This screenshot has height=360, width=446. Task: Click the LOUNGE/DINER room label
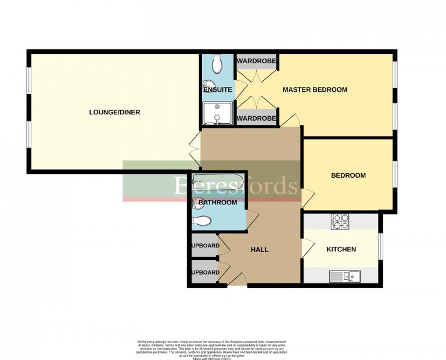point(114,112)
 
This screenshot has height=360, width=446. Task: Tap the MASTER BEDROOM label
point(315,89)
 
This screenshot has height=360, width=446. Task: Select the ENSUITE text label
point(218,90)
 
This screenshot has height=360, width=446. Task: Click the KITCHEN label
point(341,249)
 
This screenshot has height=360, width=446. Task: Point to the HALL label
point(260,250)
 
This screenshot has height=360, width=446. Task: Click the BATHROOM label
point(218,203)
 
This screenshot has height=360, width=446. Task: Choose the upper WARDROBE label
point(256,60)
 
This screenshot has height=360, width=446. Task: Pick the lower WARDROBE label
point(256,118)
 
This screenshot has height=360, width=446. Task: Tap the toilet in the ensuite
point(217,64)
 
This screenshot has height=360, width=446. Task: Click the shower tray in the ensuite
point(217,114)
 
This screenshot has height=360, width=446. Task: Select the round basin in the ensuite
point(208,89)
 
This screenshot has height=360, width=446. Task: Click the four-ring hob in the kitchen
point(340,221)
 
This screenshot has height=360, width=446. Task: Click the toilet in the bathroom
point(202,221)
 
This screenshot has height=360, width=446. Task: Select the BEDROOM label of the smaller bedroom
point(348,175)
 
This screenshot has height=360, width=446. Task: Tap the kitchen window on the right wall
point(380,247)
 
